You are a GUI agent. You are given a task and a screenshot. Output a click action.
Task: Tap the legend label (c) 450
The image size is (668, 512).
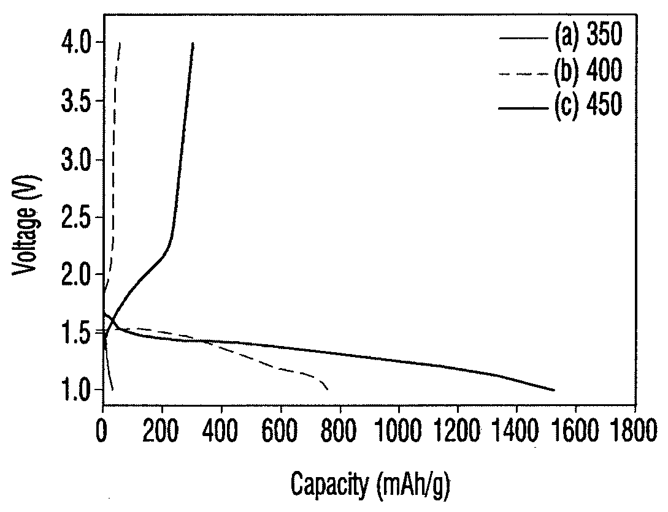[x=588, y=104]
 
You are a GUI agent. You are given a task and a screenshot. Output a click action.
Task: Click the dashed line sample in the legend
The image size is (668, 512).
[x=524, y=74]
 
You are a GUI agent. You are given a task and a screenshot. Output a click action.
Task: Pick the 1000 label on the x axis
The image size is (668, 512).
[x=398, y=431]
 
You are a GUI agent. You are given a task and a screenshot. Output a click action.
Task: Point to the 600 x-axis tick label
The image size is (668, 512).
[x=280, y=431]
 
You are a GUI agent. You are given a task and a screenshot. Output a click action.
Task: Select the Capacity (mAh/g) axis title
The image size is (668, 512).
[x=370, y=485]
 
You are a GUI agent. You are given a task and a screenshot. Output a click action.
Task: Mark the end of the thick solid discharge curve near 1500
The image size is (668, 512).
[x=554, y=390]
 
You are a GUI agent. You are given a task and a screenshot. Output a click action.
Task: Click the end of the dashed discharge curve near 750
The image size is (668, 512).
[x=327, y=389]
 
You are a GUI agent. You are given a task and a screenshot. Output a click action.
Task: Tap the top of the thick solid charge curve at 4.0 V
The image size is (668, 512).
[x=193, y=43]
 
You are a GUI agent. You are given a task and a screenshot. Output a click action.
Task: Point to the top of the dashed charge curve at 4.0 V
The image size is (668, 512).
[x=120, y=43]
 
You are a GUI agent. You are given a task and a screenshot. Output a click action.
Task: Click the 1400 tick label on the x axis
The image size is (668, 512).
[x=516, y=431]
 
